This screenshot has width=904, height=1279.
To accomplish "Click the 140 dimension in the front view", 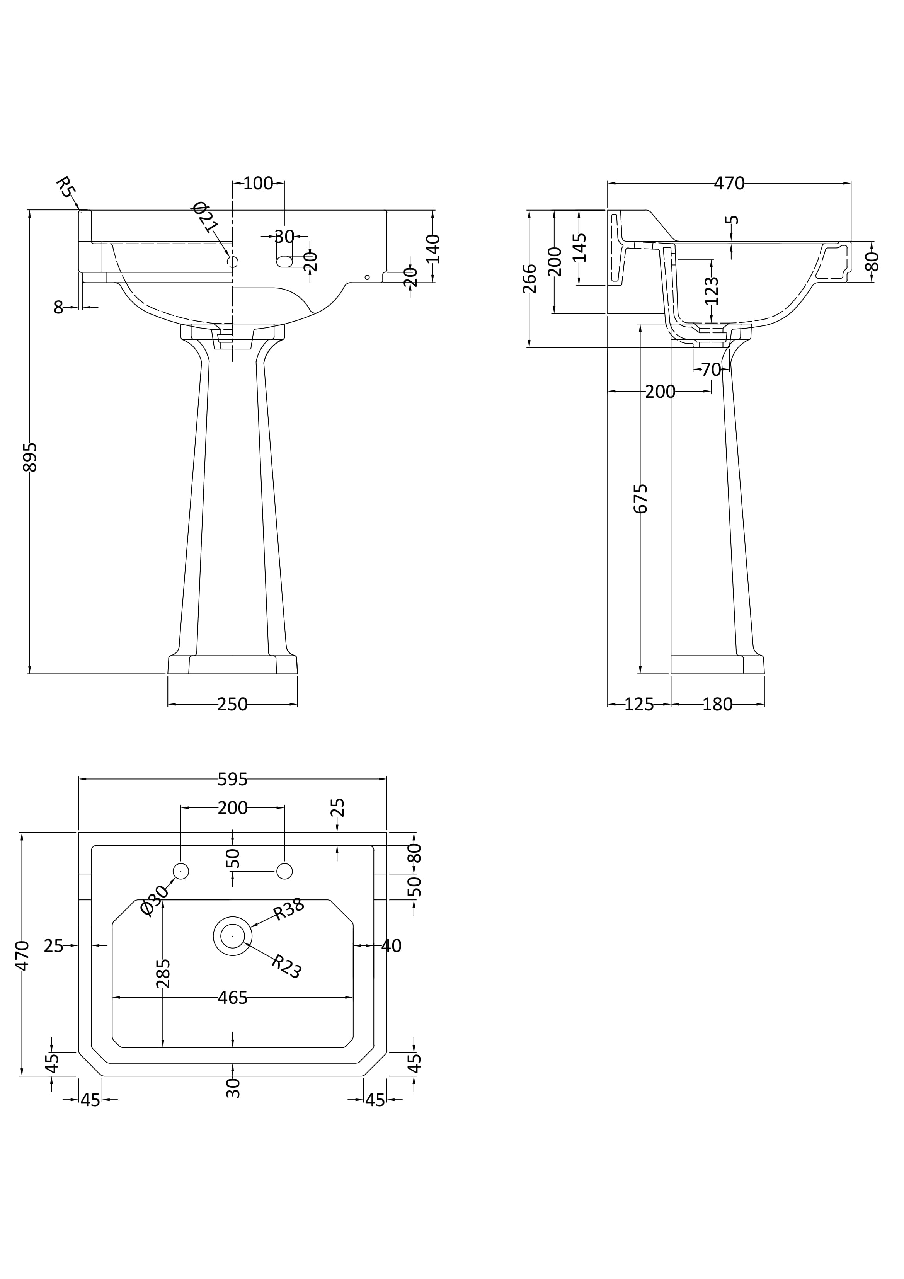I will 434,249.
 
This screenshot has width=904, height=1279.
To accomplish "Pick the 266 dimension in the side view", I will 530,279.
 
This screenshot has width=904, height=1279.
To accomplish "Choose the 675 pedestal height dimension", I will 641,499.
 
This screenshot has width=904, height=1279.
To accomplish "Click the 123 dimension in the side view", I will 712,291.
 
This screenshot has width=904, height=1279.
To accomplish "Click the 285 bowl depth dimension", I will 163,973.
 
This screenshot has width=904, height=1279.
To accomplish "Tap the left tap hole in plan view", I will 181,871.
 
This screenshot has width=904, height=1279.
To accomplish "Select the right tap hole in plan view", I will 284,871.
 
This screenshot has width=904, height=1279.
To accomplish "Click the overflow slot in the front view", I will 285,261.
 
